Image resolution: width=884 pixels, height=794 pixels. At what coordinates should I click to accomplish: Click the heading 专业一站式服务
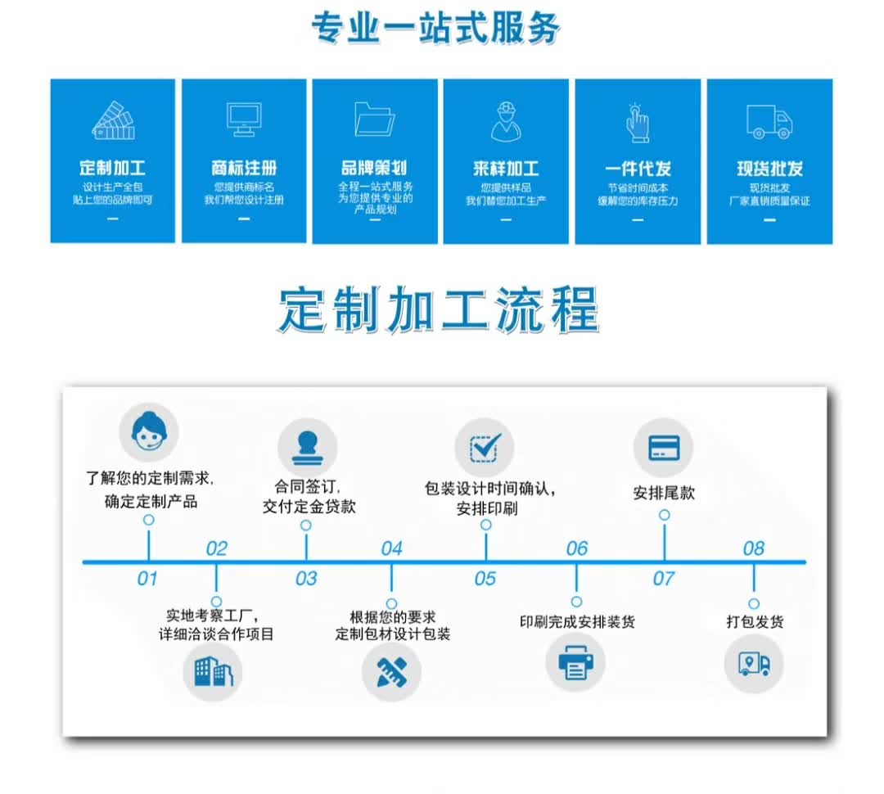pyautogui.click(x=435, y=27)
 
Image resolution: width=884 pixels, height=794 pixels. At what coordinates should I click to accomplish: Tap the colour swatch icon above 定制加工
pyautogui.click(x=113, y=120)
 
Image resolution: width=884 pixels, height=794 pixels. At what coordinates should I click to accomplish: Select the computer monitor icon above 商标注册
pyautogui.click(x=244, y=119)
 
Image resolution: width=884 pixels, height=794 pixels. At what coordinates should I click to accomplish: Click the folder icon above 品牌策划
pyautogui.click(x=374, y=119)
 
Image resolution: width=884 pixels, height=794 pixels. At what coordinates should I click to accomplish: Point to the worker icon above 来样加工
pyautogui.click(x=507, y=121)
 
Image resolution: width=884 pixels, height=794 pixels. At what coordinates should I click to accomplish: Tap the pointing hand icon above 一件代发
pyautogui.click(x=638, y=122)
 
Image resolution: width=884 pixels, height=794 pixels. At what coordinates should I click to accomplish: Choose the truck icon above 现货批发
pyautogui.click(x=769, y=121)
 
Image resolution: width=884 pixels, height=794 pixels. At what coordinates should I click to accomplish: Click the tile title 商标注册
pyautogui.click(x=244, y=168)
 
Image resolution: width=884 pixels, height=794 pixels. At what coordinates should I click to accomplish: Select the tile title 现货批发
pyautogui.click(x=769, y=168)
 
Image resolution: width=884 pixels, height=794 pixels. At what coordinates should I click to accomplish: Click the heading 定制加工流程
pyautogui.click(x=439, y=309)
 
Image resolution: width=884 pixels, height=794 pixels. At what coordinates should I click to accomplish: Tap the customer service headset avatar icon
pyautogui.click(x=149, y=432)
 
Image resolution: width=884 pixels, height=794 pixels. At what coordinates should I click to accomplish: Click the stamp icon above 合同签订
pyautogui.click(x=307, y=448)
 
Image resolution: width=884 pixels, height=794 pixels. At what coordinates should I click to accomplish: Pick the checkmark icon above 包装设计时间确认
pyautogui.click(x=485, y=448)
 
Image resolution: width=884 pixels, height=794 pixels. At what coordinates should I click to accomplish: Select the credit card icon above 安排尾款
pyautogui.click(x=664, y=448)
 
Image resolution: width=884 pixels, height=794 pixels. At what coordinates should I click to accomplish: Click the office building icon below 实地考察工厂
pyautogui.click(x=213, y=672)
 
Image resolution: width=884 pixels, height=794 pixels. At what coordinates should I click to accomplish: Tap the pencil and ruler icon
pyautogui.click(x=391, y=672)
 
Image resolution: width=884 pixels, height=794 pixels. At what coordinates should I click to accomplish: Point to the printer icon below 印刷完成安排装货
pyautogui.click(x=575, y=662)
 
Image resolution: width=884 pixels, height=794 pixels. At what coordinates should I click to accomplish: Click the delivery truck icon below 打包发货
pyautogui.click(x=754, y=663)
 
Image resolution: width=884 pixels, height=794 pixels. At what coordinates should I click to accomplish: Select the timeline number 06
pyautogui.click(x=577, y=548)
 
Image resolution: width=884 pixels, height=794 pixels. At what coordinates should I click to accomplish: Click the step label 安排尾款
pyautogui.click(x=664, y=493)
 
